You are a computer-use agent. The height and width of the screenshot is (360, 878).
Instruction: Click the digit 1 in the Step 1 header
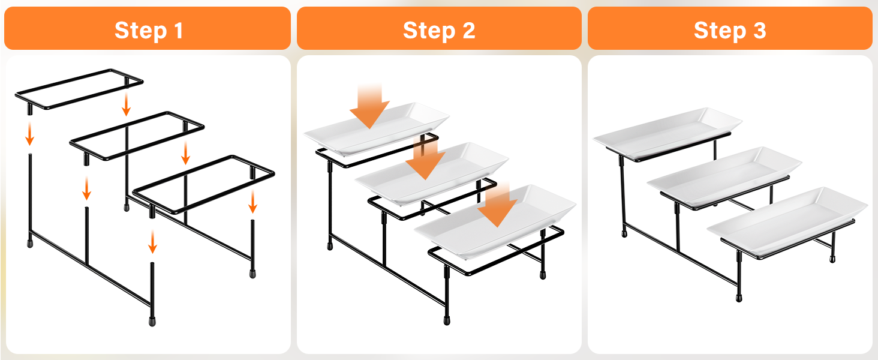pyautogui.click(x=178, y=31)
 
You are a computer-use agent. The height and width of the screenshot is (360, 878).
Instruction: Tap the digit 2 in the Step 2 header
pyautogui.click(x=469, y=31)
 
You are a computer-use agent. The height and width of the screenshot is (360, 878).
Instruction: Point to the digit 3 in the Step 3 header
pyautogui.click(x=760, y=31)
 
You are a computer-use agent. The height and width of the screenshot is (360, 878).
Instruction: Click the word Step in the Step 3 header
pyautogui.click(x=720, y=31)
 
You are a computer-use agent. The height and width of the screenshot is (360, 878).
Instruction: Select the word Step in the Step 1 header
pyautogui.click(x=140, y=31)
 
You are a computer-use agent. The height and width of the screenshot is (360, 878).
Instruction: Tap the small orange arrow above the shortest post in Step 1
pyautogui.click(x=253, y=202)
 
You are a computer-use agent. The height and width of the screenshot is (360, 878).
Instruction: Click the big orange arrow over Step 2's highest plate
pyautogui.click(x=369, y=106)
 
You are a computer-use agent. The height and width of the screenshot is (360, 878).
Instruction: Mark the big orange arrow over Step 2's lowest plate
pyautogui.click(x=497, y=205)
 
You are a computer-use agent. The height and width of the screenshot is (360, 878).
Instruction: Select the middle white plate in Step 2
pyautogui.click(x=432, y=175)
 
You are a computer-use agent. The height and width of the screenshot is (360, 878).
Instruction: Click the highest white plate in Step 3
pyautogui.click(x=667, y=133)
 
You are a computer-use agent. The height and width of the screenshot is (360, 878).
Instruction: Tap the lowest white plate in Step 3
pyautogui.click(x=787, y=221)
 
